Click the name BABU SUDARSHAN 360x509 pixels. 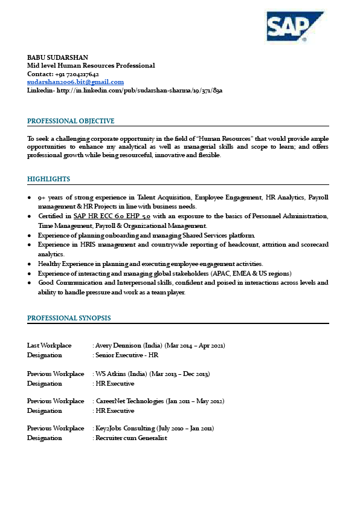[56, 57]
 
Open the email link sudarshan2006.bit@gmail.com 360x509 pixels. [76, 82]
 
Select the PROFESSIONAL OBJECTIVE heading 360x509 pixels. [71, 121]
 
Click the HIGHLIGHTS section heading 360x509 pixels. [49, 179]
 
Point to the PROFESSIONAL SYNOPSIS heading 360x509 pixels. [69, 318]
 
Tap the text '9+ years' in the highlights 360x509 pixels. [50, 197]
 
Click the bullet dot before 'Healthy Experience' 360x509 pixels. [30, 264]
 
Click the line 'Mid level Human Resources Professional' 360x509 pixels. [91, 65]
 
